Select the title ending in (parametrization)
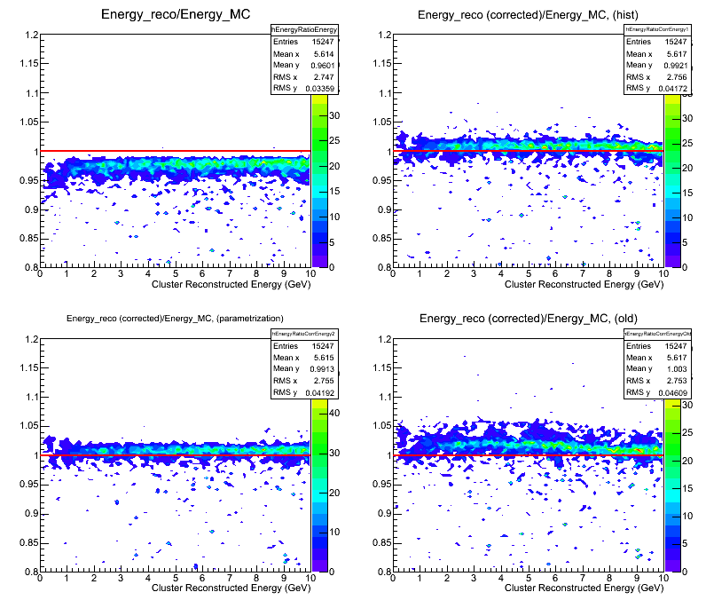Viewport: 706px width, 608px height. pyautogui.click(x=175, y=318)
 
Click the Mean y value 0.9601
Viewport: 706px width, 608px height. pyautogui.click(x=325, y=65)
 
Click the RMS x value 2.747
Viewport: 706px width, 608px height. pyautogui.click(x=325, y=76)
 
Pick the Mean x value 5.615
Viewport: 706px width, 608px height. pyautogui.click(x=325, y=358)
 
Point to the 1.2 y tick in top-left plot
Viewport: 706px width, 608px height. pyautogui.click(x=28, y=36)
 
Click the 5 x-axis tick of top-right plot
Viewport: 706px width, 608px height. pyautogui.click(x=529, y=274)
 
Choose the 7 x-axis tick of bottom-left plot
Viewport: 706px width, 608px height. pyautogui.click(x=229, y=578)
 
